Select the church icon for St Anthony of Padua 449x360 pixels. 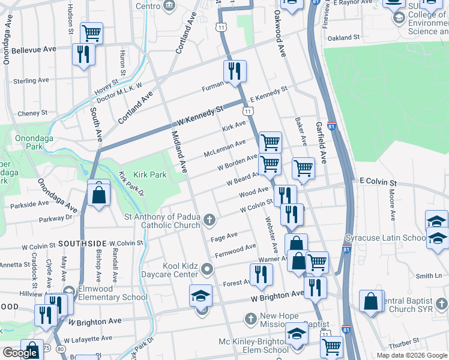[209, 220]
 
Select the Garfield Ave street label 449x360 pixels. [321, 143]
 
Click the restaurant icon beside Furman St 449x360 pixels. [234, 71]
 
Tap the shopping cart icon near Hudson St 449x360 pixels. [91, 33]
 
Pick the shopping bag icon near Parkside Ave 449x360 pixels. [97, 195]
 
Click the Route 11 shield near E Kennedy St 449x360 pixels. [247, 111]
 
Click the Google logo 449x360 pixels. [20, 352]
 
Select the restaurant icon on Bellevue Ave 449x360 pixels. [83, 55]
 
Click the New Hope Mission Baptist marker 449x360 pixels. [252, 317]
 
